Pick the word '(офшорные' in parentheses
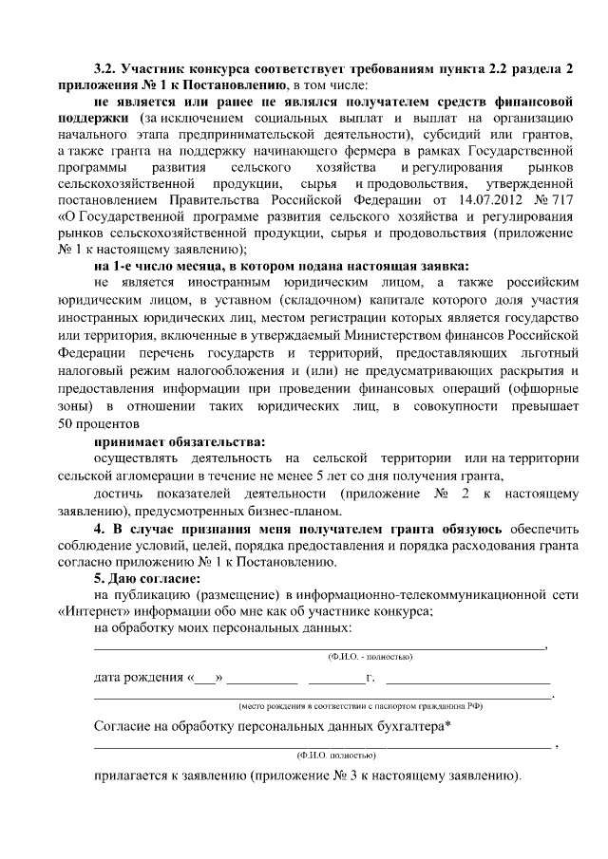tap(539, 388)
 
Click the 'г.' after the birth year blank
tap(370, 679)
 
